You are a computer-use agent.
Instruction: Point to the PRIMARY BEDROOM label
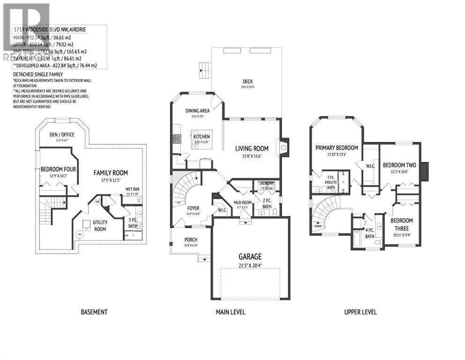(336, 148)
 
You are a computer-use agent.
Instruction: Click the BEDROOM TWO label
(399, 165)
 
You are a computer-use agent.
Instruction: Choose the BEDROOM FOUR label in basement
(55, 169)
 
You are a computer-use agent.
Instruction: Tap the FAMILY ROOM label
(111, 172)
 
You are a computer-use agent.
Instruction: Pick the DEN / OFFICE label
(62, 135)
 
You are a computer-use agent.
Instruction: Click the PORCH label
(191, 240)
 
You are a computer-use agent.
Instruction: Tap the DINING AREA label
(197, 111)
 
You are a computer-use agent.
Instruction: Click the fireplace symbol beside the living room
(283, 146)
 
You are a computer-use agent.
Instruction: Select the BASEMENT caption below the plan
(94, 312)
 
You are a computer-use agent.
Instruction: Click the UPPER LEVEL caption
(361, 312)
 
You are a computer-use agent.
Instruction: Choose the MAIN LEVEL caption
(230, 312)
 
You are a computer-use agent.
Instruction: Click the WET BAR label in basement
(132, 189)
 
